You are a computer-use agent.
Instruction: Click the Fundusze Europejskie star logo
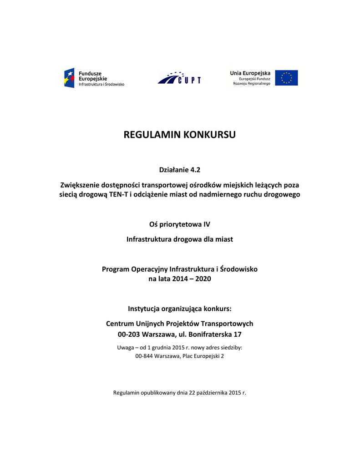point(69,78)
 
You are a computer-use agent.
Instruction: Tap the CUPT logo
point(179,78)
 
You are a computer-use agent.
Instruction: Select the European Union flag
point(286,78)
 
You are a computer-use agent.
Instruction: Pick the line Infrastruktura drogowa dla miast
point(180,239)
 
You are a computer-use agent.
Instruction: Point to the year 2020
point(203,279)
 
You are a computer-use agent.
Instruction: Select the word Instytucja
point(146,309)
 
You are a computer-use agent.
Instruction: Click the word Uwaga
point(126,348)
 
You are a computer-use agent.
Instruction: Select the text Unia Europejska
point(250,73)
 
